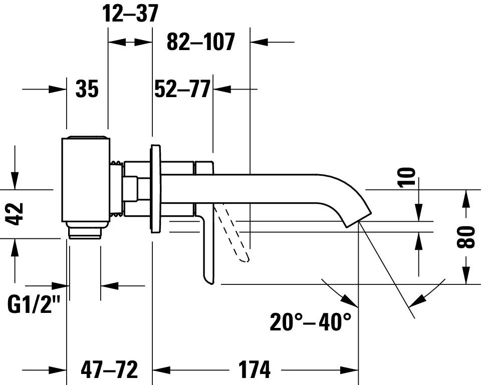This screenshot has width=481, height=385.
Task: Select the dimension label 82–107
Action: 200,43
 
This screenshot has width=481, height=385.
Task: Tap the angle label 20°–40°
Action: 311,322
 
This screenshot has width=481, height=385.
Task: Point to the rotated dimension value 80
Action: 466,237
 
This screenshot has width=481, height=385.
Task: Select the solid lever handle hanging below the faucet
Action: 208,250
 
